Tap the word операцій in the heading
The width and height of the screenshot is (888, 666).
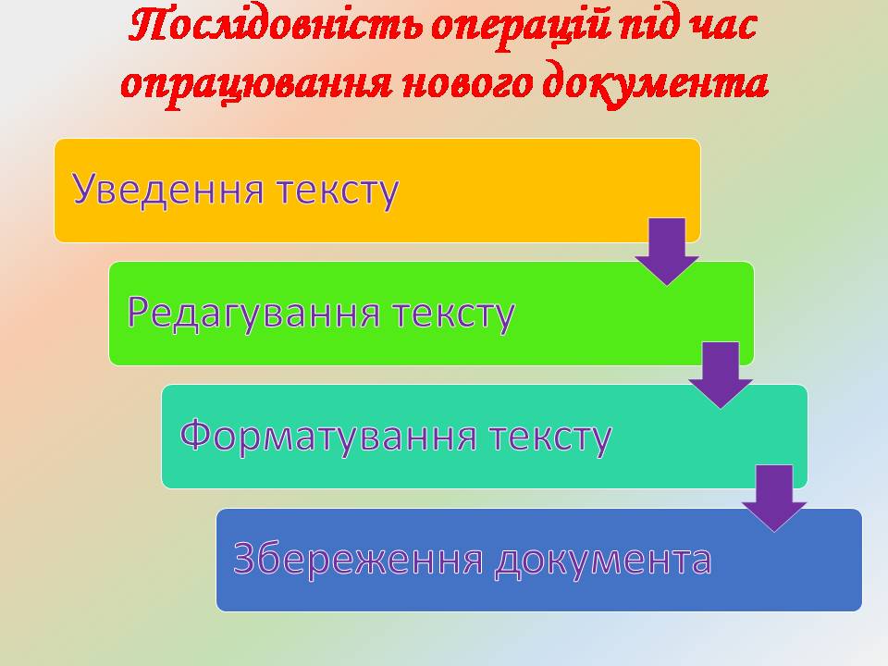pyautogui.click(x=521, y=29)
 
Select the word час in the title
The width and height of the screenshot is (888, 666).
pyautogui.click(x=721, y=29)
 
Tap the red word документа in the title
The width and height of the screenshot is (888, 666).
pyautogui.click(x=655, y=84)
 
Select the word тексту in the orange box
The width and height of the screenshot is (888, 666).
pyautogui.click(x=338, y=191)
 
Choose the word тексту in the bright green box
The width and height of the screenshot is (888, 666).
pyautogui.click(x=453, y=314)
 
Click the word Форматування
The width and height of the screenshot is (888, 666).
pyautogui.click(x=327, y=436)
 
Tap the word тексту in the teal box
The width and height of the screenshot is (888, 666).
pyautogui.click(x=550, y=438)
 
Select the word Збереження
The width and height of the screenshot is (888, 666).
pyautogui.click(x=358, y=559)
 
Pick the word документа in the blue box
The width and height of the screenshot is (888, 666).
pyautogui.click(x=603, y=561)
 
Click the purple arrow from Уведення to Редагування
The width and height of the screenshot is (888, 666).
pyautogui.click(x=667, y=251)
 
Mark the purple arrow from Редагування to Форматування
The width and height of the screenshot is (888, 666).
pyautogui.click(x=721, y=375)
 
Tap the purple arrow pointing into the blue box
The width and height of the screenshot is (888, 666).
pyautogui.click(x=774, y=499)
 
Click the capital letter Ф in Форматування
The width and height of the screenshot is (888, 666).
pyautogui.click(x=195, y=434)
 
